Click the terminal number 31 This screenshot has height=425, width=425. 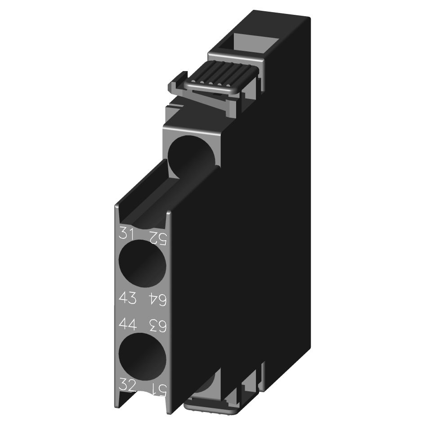(x=127, y=233)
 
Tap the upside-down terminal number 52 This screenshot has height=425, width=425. (x=157, y=234)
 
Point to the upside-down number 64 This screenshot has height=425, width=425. (x=157, y=298)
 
